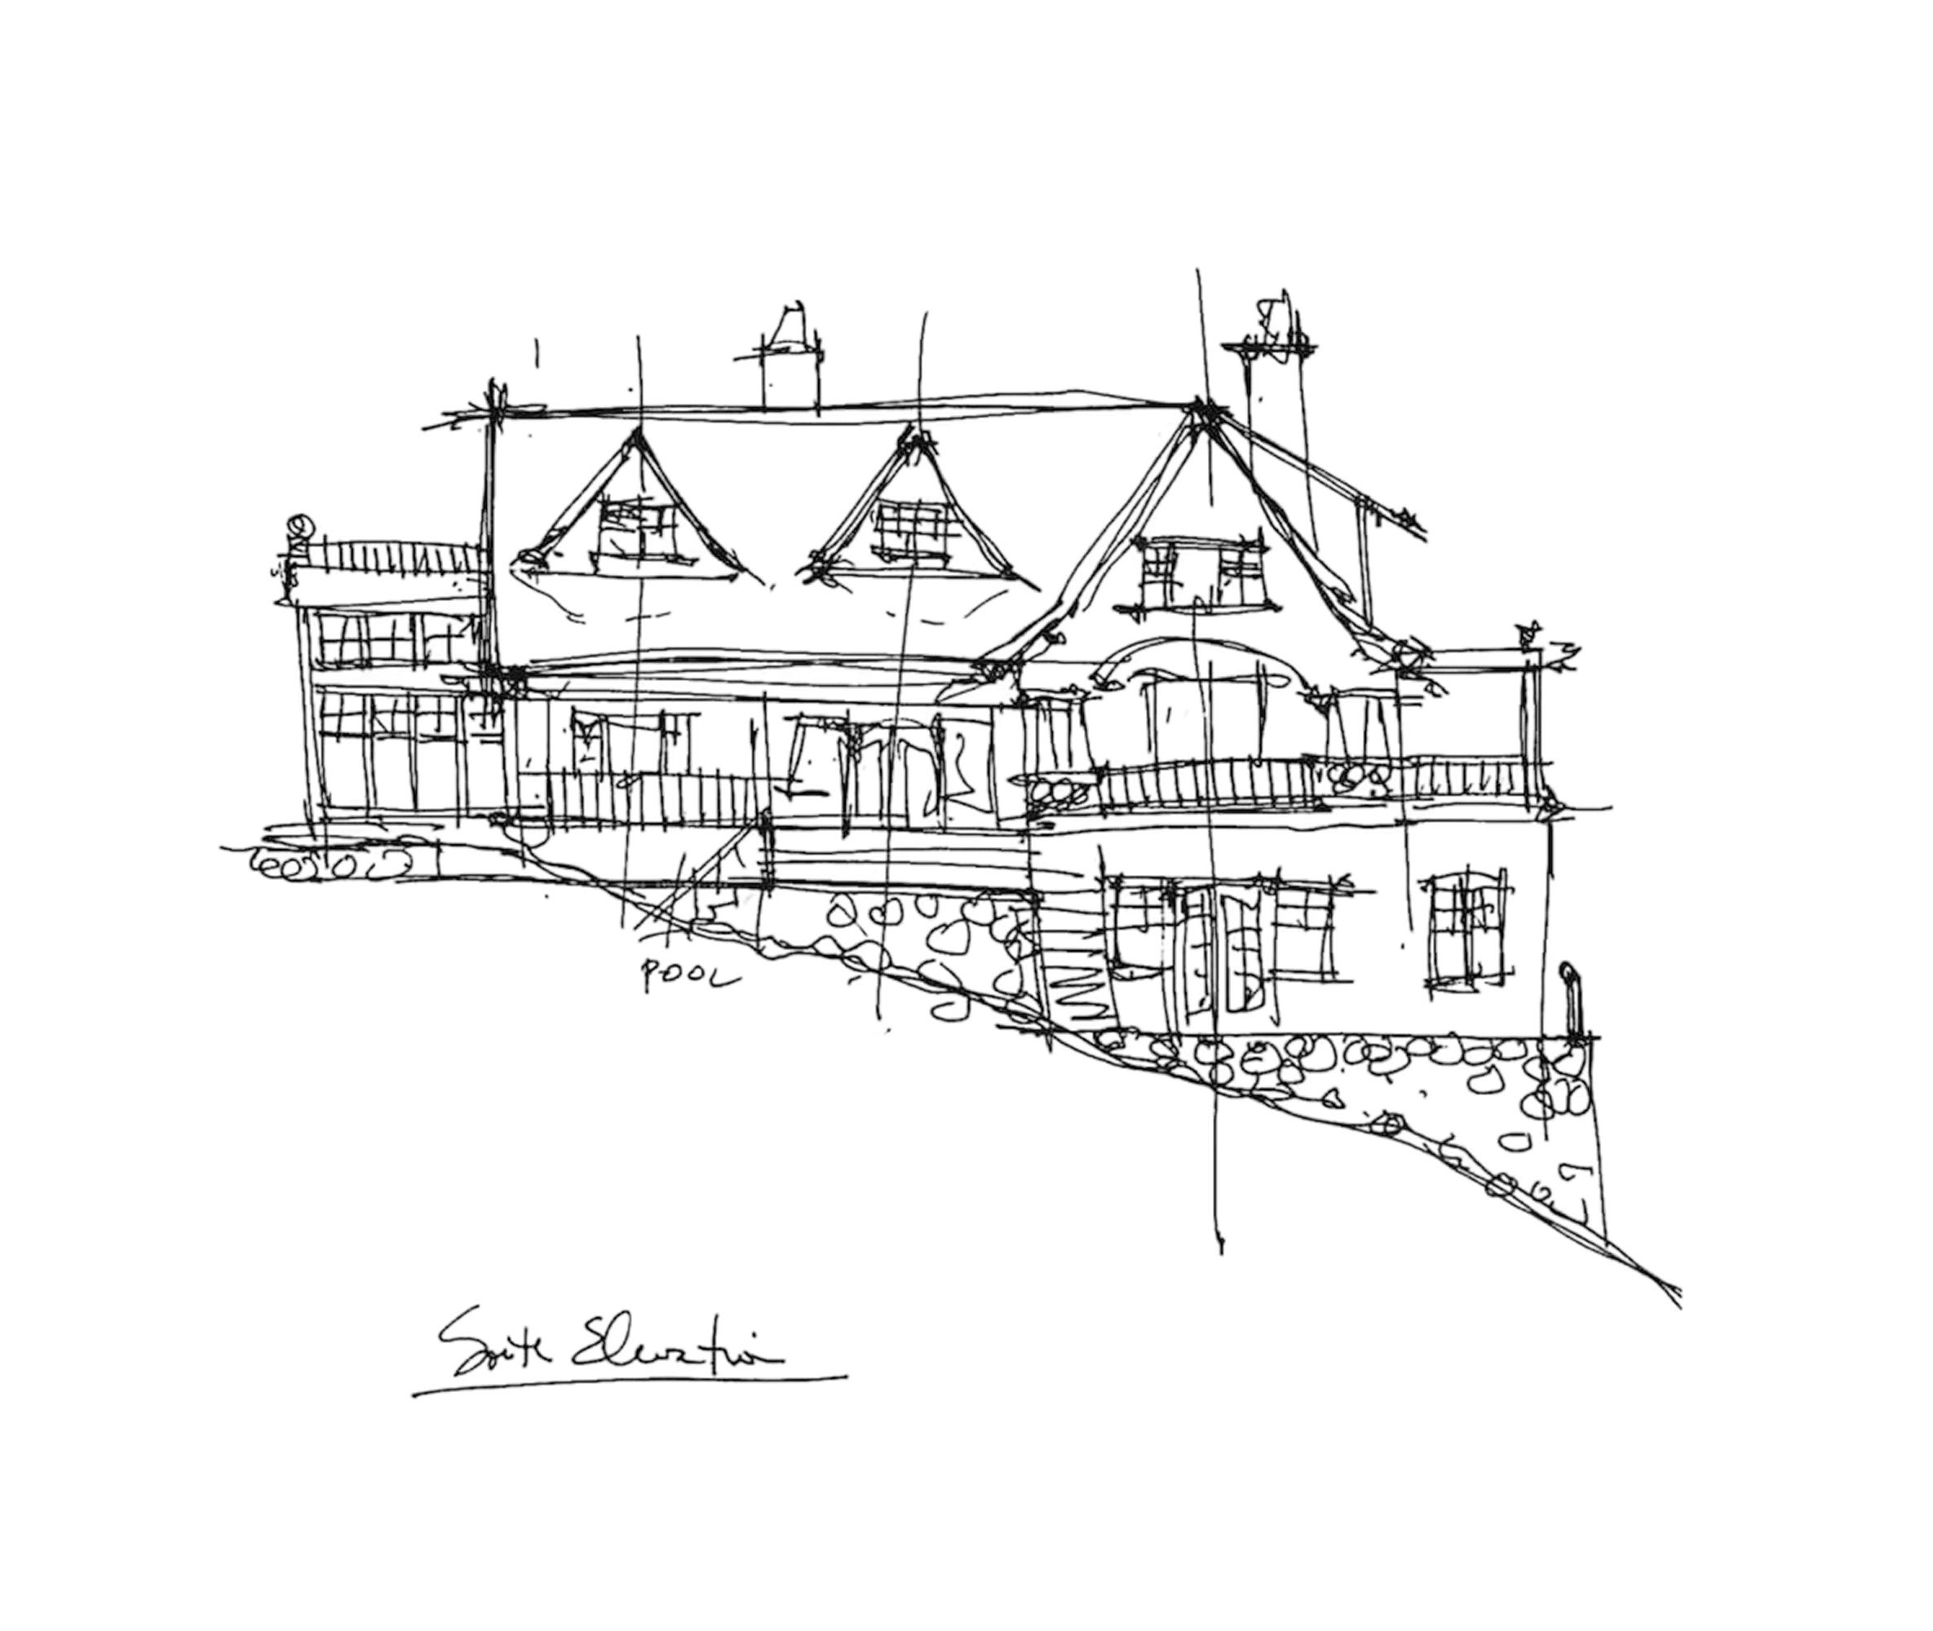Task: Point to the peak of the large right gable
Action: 1203,409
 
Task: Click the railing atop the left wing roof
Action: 398,557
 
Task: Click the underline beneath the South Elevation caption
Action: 629,1385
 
